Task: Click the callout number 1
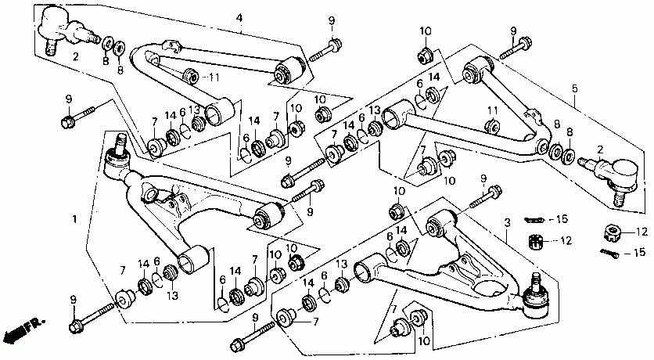[74, 219]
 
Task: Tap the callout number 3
[507, 223]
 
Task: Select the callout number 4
[239, 18]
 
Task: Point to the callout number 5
[575, 88]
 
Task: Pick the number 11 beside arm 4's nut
[214, 77]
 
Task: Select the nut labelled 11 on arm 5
[493, 126]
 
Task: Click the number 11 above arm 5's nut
[493, 110]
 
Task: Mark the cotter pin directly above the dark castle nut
[534, 219]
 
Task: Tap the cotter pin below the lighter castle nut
[609, 253]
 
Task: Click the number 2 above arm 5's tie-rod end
[600, 149]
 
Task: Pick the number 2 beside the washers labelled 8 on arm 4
[76, 56]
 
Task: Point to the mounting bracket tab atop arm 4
[171, 45]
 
